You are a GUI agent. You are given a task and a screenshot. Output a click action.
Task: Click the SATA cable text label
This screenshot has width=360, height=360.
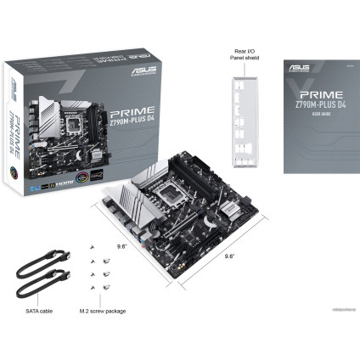(x=40, y=311)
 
